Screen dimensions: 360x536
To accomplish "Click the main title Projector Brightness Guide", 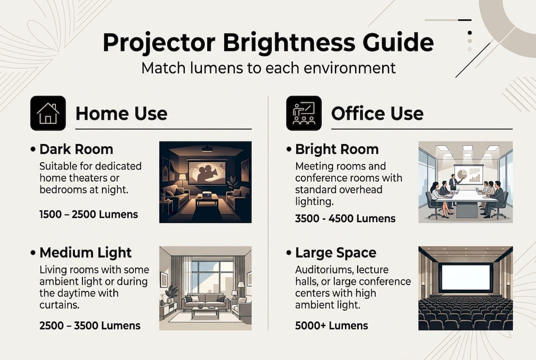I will [x=268, y=43].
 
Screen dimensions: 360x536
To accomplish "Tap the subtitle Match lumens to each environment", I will [x=268, y=67].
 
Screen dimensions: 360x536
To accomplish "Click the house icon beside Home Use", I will [x=48, y=113].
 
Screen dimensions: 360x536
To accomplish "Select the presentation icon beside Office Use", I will [x=304, y=113].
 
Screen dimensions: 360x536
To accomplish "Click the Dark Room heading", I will [x=76, y=149].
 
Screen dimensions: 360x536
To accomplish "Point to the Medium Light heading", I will [x=85, y=252].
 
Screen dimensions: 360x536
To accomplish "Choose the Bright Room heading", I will [x=337, y=149].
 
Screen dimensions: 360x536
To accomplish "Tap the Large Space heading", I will [x=336, y=252].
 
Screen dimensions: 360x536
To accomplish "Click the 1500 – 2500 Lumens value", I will [x=88, y=214].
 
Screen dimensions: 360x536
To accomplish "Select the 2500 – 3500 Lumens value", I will [x=90, y=325].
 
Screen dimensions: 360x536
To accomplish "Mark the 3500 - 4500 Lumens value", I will [x=345, y=218].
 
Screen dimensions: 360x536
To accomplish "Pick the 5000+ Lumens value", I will [x=332, y=325].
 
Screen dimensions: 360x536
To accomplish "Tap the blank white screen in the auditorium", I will [x=466, y=277].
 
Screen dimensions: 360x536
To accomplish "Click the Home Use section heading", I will [x=121, y=113].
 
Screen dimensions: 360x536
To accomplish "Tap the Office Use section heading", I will [x=377, y=113].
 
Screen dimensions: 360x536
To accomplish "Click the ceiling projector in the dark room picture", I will [x=206, y=148].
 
